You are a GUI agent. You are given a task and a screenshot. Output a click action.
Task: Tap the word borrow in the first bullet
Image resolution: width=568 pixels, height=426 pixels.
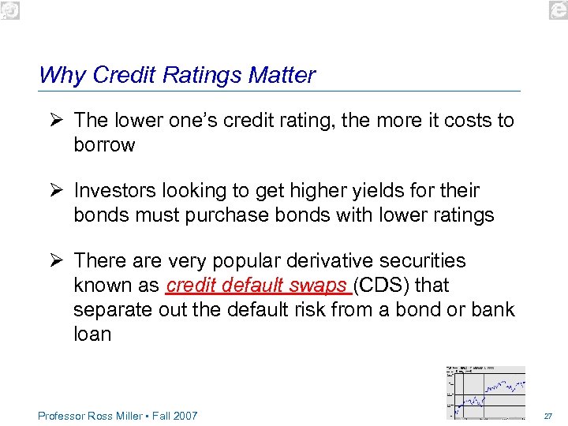click(x=104, y=145)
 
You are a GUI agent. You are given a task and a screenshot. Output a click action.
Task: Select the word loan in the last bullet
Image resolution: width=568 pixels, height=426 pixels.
click(x=92, y=334)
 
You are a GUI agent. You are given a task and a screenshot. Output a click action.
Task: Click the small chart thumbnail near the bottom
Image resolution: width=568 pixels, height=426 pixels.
click(x=486, y=392)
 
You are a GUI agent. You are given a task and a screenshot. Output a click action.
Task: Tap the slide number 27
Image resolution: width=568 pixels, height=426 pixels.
click(x=547, y=416)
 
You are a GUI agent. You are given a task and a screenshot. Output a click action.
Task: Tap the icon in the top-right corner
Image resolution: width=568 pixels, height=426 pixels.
click(x=558, y=9)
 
